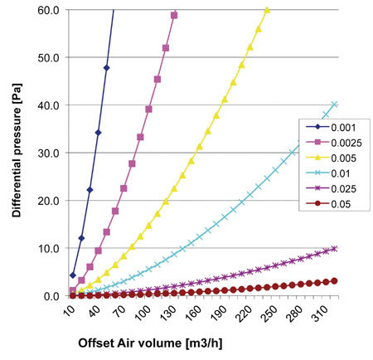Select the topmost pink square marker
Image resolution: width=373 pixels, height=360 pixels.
[x=174, y=16]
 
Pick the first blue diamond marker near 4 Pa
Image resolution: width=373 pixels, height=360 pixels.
[x=73, y=275]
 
